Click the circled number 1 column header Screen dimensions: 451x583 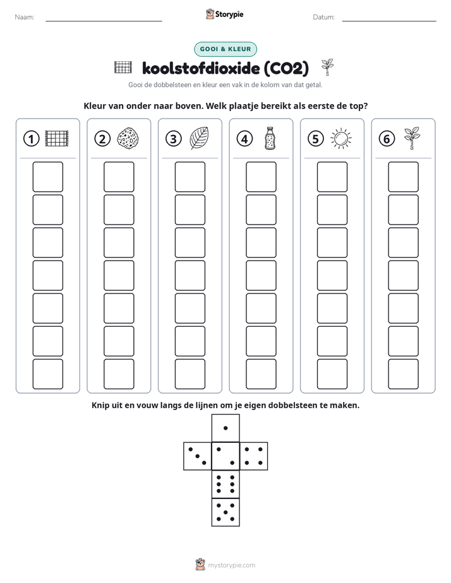tap(31, 139)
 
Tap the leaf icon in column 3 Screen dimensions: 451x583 tap(200, 138)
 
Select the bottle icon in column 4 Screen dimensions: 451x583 tap(270, 138)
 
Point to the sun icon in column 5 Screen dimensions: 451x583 tap(341, 139)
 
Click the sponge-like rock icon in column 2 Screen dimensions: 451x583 tap(128, 138)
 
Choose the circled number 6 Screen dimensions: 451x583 tap(387, 139)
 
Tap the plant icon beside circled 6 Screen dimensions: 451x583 tap(412, 138)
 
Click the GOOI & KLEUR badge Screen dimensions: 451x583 tap(225, 49)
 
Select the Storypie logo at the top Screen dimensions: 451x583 tap(224, 14)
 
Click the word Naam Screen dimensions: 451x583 tap(25, 17)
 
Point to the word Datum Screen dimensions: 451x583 tap(324, 17)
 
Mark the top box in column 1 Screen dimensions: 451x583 tap(48, 177)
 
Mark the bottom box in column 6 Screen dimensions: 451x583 tap(404, 374)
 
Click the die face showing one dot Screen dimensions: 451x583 tap(225, 428)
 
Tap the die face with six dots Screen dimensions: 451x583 tap(225, 484)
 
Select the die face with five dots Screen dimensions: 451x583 tap(225, 512)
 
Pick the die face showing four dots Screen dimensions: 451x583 tap(254, 456)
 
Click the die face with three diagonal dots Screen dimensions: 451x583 tap(198, 456)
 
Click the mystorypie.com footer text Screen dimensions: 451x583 tap(231, 565)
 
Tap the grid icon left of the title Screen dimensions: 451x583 tap(123, 68)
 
